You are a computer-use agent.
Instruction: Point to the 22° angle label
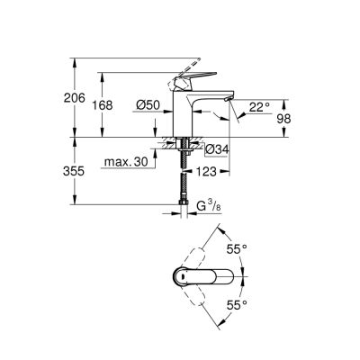259,106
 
